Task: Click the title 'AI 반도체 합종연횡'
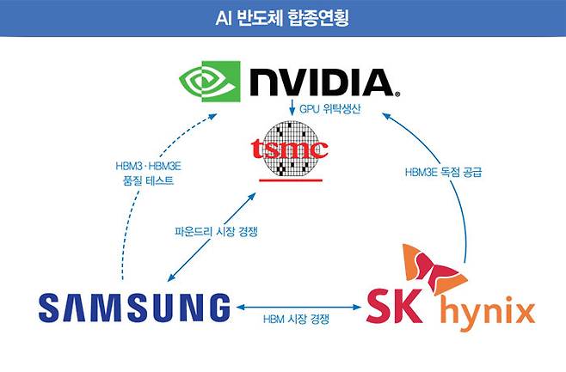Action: [283, 17]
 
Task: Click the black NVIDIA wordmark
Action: [319, 82]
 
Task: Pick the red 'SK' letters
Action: [396, 305]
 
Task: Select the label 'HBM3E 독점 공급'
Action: [443, 172]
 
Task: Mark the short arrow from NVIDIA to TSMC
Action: [293, 108]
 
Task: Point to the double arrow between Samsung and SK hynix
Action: [298, 305]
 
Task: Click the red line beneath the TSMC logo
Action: [293, 181]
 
